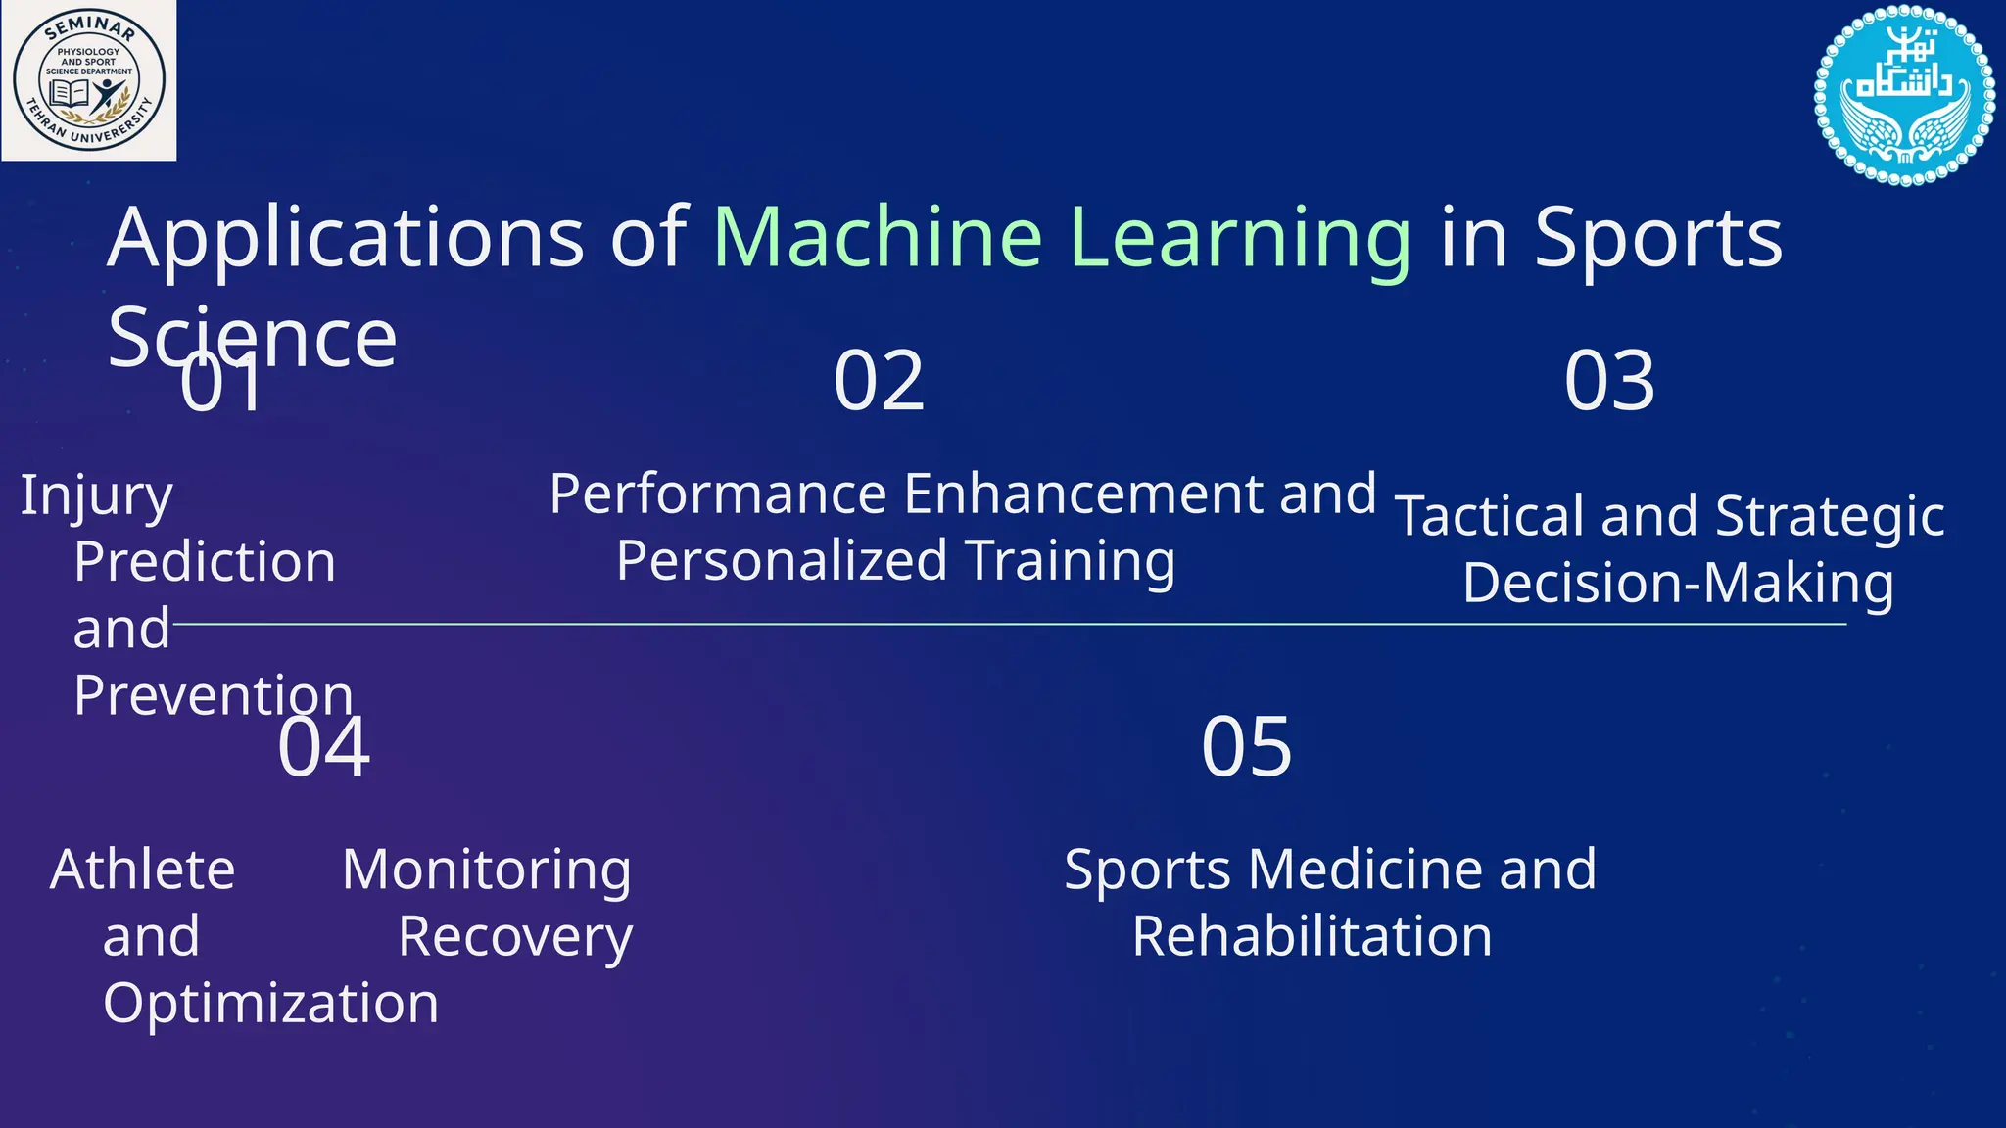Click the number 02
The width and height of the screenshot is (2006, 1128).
(879, 382)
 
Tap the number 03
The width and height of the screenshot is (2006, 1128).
(1609, 382)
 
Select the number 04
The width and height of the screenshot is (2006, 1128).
(324, 748)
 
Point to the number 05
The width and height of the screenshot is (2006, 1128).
(1247, 748)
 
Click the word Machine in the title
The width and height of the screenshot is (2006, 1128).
(877, 238)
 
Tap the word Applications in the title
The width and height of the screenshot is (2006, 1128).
(345, 240)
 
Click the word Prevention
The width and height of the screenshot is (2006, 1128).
(214, 695)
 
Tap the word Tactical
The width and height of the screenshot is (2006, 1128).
(1489, 517)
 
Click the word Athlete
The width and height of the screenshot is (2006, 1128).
(143, 869)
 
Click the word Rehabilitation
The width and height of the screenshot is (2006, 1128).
(1312, 937)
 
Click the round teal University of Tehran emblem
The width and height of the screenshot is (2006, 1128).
(1904, 95)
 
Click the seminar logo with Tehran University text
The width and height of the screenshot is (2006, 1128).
(89, 80)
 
